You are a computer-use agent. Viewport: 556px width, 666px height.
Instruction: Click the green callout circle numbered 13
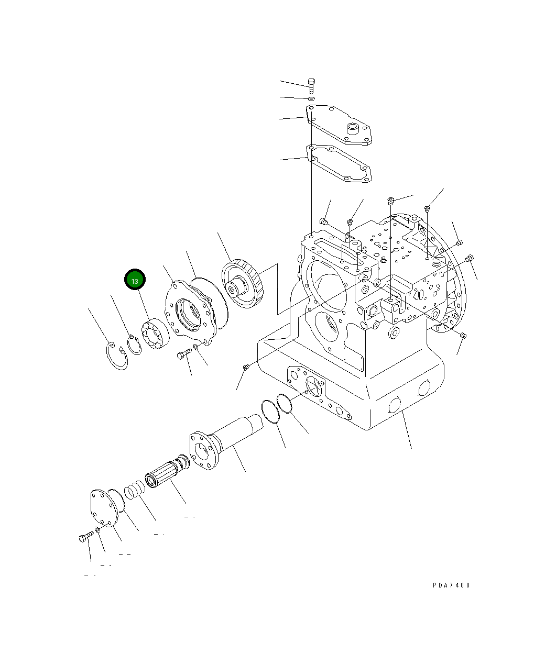[x=135, y=280]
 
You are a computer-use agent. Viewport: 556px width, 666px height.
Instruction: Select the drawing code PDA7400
[x=451, y=585]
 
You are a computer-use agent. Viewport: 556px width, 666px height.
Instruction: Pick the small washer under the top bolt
[x=311, y=98]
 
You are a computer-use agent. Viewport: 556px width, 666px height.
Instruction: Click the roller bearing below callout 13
[x=154, y=335]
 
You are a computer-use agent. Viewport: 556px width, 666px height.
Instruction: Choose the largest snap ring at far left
[x=116, y=356]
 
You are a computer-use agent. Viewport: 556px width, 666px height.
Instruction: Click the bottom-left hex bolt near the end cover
[x=86, y=537]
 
